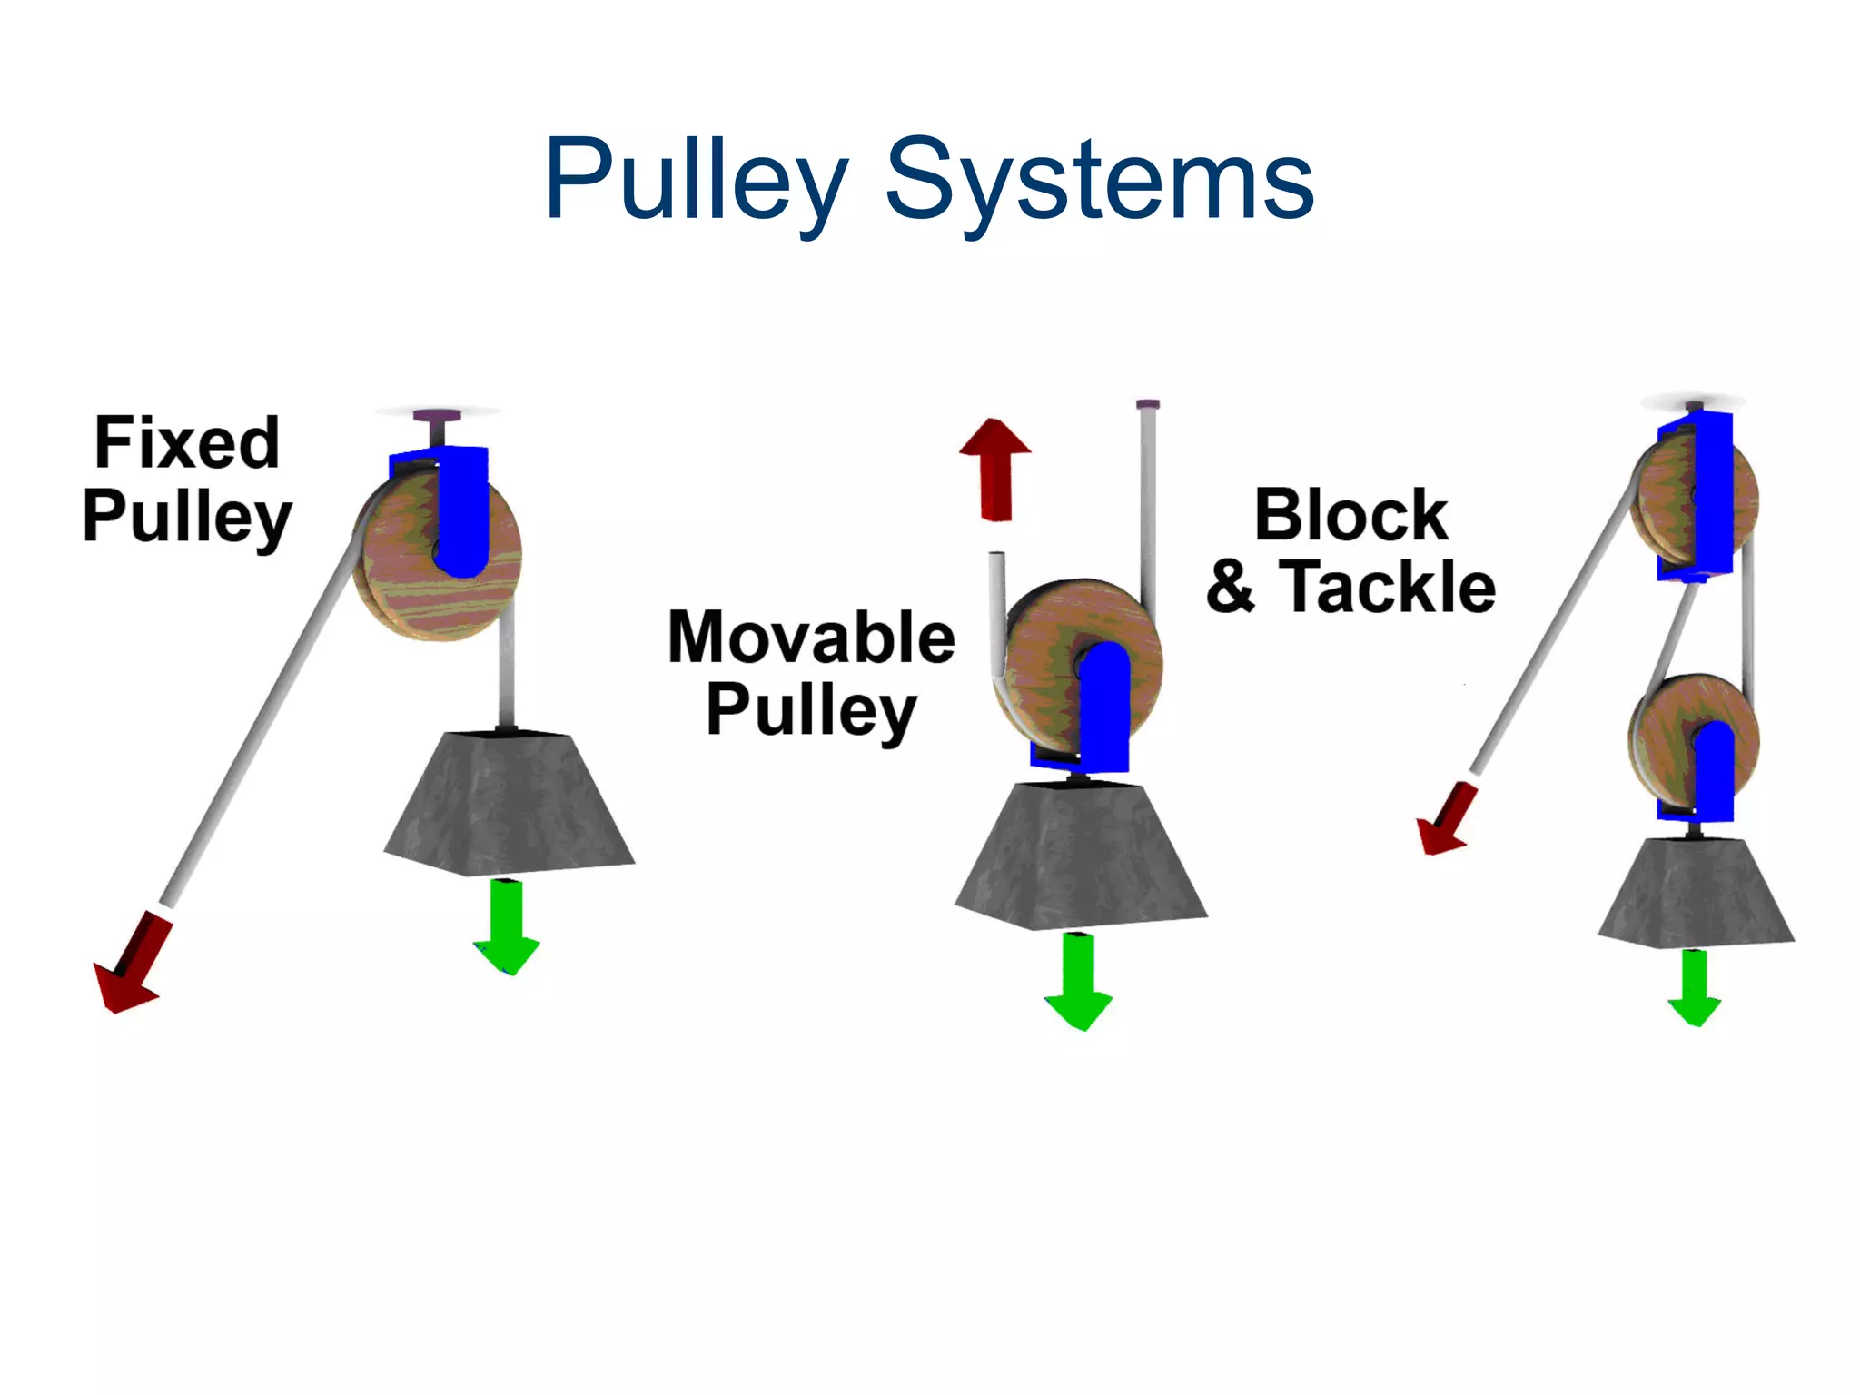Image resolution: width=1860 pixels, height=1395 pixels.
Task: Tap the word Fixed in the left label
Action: (187, 443)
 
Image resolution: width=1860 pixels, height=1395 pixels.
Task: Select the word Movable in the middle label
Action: (811, 638)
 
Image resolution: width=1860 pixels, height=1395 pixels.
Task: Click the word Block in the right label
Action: (1350, 515)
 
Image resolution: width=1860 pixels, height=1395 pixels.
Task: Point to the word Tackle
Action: (1387, 588)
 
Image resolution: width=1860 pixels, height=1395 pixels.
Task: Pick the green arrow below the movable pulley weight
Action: (1078, 982)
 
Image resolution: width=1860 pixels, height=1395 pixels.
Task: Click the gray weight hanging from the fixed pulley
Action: (509, 804)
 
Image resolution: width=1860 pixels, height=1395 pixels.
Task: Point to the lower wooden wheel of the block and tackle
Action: (1667, 736)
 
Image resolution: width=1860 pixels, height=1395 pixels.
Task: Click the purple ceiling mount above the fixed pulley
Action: (436, 418)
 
